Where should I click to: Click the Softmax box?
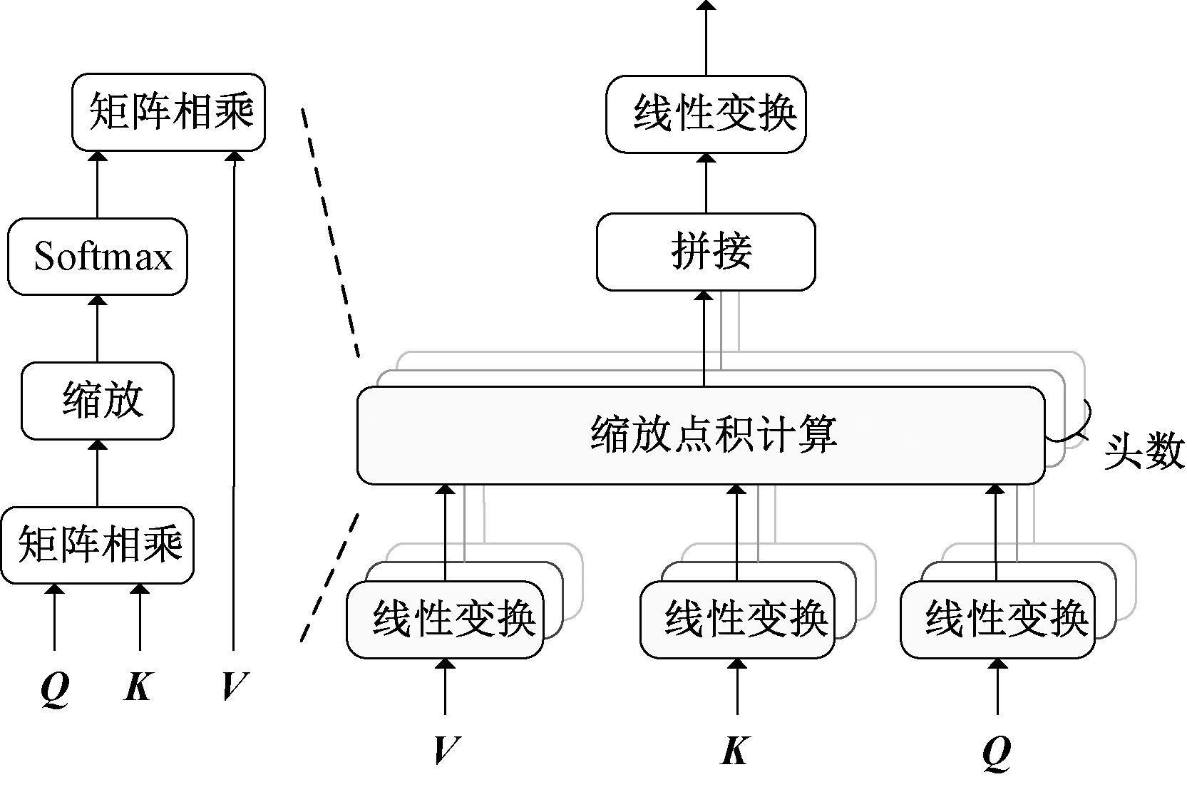(98, 257)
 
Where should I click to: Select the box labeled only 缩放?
(98, 401)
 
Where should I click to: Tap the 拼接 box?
(706, 252)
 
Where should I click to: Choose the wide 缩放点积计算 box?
(701, 435)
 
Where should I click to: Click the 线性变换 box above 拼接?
(706, 114)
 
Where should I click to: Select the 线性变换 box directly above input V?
(445, 619)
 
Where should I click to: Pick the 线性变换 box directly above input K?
(737, 619)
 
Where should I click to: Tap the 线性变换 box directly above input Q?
(997, 619)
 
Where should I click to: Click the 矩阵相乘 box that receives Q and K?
(98, 545)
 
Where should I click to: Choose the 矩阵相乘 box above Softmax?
(168, 113)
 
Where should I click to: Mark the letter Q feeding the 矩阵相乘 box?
(54, 687)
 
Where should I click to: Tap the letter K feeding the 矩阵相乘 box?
(138, 687)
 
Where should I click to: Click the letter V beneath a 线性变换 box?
(446, 750)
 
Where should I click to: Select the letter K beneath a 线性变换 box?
(736, 750)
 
